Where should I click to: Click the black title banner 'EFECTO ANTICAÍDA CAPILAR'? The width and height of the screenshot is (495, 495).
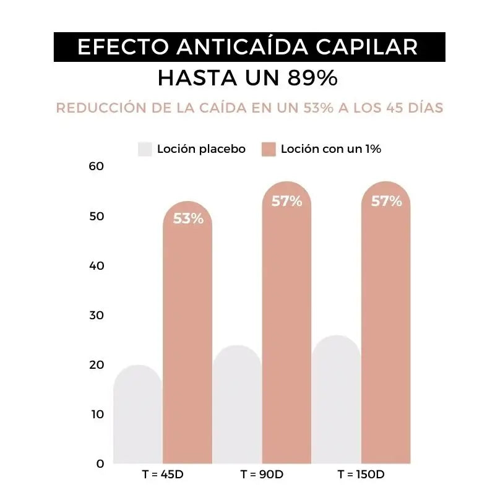coord(247,48)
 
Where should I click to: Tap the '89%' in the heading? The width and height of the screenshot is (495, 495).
coord(312,79)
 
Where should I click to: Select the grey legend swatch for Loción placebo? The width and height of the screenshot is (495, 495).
coord(145,149)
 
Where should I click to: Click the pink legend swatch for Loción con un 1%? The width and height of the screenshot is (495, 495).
coord(268,149)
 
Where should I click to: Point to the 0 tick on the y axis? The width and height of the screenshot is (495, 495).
coord(100,463)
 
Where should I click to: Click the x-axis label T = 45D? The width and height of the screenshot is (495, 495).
coord(163,475)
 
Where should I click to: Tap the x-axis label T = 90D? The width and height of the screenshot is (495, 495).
coord(262,475)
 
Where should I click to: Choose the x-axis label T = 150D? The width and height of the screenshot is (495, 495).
coord(361,475)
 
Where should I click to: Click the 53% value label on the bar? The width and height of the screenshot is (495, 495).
coord(188,218)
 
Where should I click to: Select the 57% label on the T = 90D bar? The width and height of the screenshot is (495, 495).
coord(286,201)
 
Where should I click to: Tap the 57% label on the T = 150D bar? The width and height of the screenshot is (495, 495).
coord(386,201)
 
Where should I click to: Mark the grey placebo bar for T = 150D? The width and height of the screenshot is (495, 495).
coord(337,402)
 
